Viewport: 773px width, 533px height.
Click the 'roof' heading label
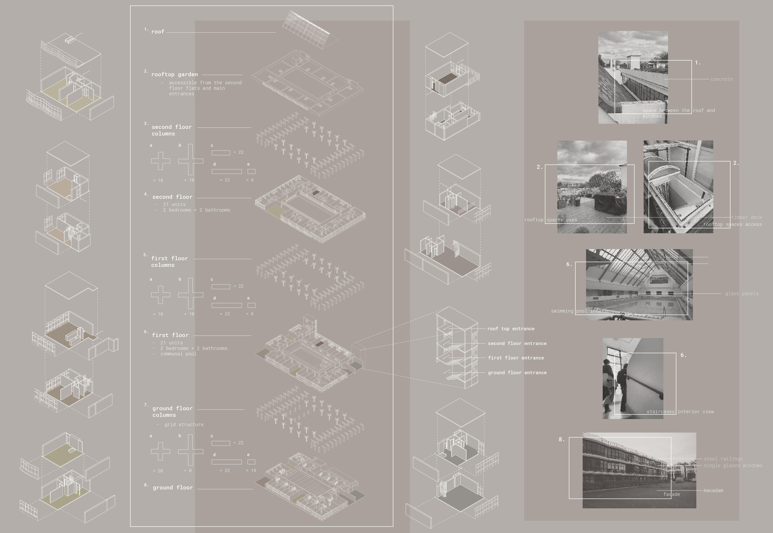[x=158, y=32]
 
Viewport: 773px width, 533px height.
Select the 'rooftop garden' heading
[x=174, y=74]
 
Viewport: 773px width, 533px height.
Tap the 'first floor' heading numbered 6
[x=170, y=335]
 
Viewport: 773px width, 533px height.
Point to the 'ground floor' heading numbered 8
[x=173, y=488]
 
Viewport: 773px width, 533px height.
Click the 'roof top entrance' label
[x=511, y=329]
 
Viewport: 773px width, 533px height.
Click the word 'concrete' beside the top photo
[x=722, y=79]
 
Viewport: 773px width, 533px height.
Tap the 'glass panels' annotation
[x=742, y=294]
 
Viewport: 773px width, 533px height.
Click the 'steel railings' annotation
[x=723, y=459]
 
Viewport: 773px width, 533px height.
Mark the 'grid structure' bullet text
[x=184, y=424]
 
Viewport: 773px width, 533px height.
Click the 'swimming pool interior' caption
[x=581, y=311]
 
